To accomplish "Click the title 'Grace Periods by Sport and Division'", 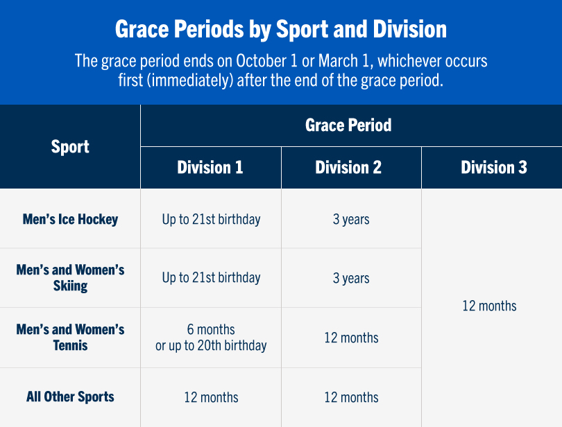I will point(280,29).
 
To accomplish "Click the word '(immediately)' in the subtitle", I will point(188,80).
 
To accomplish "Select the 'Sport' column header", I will point(70,147).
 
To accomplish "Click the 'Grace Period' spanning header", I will point(348,125).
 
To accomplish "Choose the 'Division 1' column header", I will point(210,168).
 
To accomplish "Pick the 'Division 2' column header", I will point(348,168).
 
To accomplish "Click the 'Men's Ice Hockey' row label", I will point(70,219).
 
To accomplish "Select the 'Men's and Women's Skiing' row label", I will point(70,277).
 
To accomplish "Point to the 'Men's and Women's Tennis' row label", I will point(70,337).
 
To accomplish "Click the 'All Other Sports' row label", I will point(70,397).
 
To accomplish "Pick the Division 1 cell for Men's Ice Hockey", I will point(211,219).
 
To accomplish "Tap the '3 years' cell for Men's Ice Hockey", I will point(351,220).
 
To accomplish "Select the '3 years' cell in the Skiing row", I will point(351,279).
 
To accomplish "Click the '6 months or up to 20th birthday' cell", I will point(211,338).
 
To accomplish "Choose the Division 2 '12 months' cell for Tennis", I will point(351,338).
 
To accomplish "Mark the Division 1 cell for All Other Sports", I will point(211,398).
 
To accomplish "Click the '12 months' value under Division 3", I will point(489,306).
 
